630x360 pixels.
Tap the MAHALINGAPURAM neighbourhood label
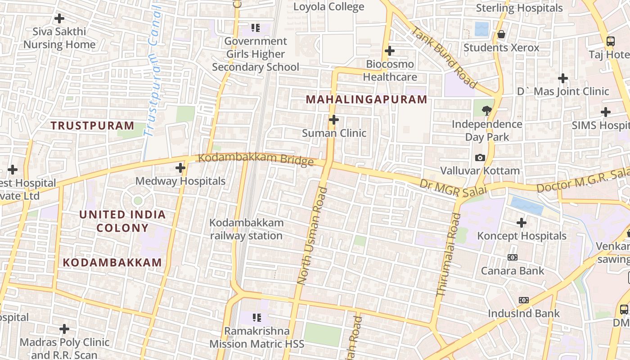366,99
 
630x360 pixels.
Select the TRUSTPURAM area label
92,126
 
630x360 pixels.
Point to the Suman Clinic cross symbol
333,120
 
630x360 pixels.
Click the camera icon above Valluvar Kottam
480,157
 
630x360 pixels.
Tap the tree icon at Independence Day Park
486,110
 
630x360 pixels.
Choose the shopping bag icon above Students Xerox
501,34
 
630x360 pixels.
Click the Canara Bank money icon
513,257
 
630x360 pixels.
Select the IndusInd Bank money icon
523,300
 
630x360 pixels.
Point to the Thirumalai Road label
449,254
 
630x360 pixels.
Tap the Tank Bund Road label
444,58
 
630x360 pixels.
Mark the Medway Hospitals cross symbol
180,168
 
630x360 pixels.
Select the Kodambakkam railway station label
247,229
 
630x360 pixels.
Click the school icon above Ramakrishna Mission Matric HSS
256,318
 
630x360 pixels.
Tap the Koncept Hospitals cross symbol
522,222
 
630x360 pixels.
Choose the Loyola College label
328,7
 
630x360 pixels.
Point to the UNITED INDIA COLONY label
122,221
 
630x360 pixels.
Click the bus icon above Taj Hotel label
610,41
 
